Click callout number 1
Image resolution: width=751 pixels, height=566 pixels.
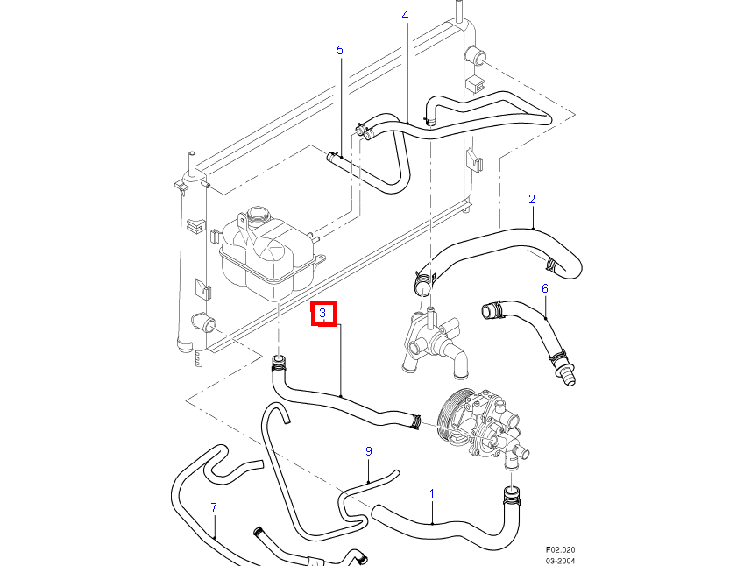click(x=432, y=494)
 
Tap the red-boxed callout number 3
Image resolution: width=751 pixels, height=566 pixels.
click(x=323, y=313)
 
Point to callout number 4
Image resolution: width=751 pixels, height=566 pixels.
click(x=406, y=15)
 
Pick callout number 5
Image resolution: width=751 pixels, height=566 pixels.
click(x=340, y=50)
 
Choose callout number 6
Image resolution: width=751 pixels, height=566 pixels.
click(x=544, y=287)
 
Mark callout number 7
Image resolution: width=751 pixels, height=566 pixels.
click(x=214, y=507)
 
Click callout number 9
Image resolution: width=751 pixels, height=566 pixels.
click(x=369, y=451)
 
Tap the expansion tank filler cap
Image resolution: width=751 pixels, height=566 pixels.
click(x=259, y=214)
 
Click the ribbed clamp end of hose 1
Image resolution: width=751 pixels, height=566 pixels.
click(x=509, y=496)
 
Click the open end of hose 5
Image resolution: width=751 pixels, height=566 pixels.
click(x=331, y=156)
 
